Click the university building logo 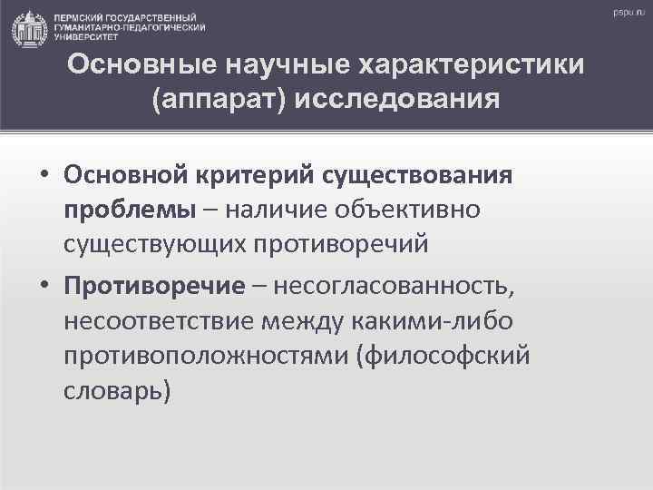click(29, 29)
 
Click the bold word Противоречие click(155, 287)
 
